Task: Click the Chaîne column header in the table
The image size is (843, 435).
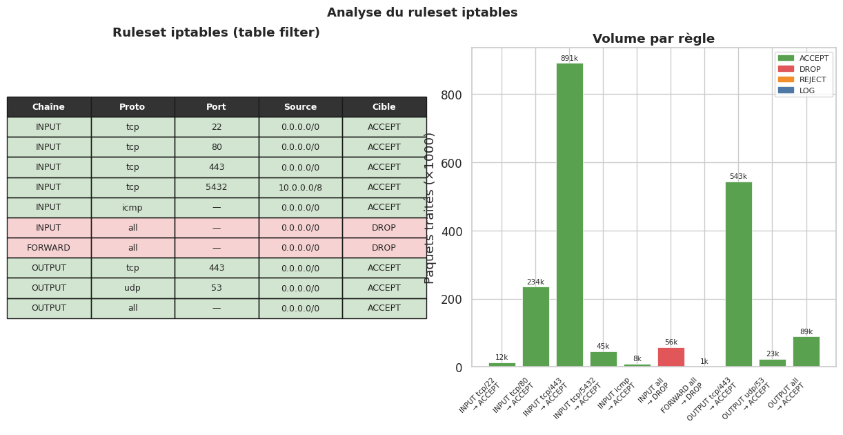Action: click(48, 107)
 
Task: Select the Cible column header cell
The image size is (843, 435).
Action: click(384, 107)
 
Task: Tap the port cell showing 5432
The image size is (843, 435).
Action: click(216, 187)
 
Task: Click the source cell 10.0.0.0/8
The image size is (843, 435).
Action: click(300, 187)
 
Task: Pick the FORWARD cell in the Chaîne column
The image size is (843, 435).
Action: click(48, 248)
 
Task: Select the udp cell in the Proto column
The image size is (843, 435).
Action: click(132, 288)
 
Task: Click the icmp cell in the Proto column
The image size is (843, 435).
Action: click(132, 207)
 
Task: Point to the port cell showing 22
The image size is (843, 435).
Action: click(216, 127)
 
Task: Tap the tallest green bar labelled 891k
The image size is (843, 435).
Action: click(569, 215)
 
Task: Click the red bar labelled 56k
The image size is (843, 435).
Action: click(671, 357)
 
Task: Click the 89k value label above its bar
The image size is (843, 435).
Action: click(806, 332)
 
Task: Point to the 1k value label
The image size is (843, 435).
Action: click(704, 362)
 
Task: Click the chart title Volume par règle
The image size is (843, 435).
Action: click(653, 39)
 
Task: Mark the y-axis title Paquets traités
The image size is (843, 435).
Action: click(430, 207)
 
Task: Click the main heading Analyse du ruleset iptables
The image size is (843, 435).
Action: click(421, 12)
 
